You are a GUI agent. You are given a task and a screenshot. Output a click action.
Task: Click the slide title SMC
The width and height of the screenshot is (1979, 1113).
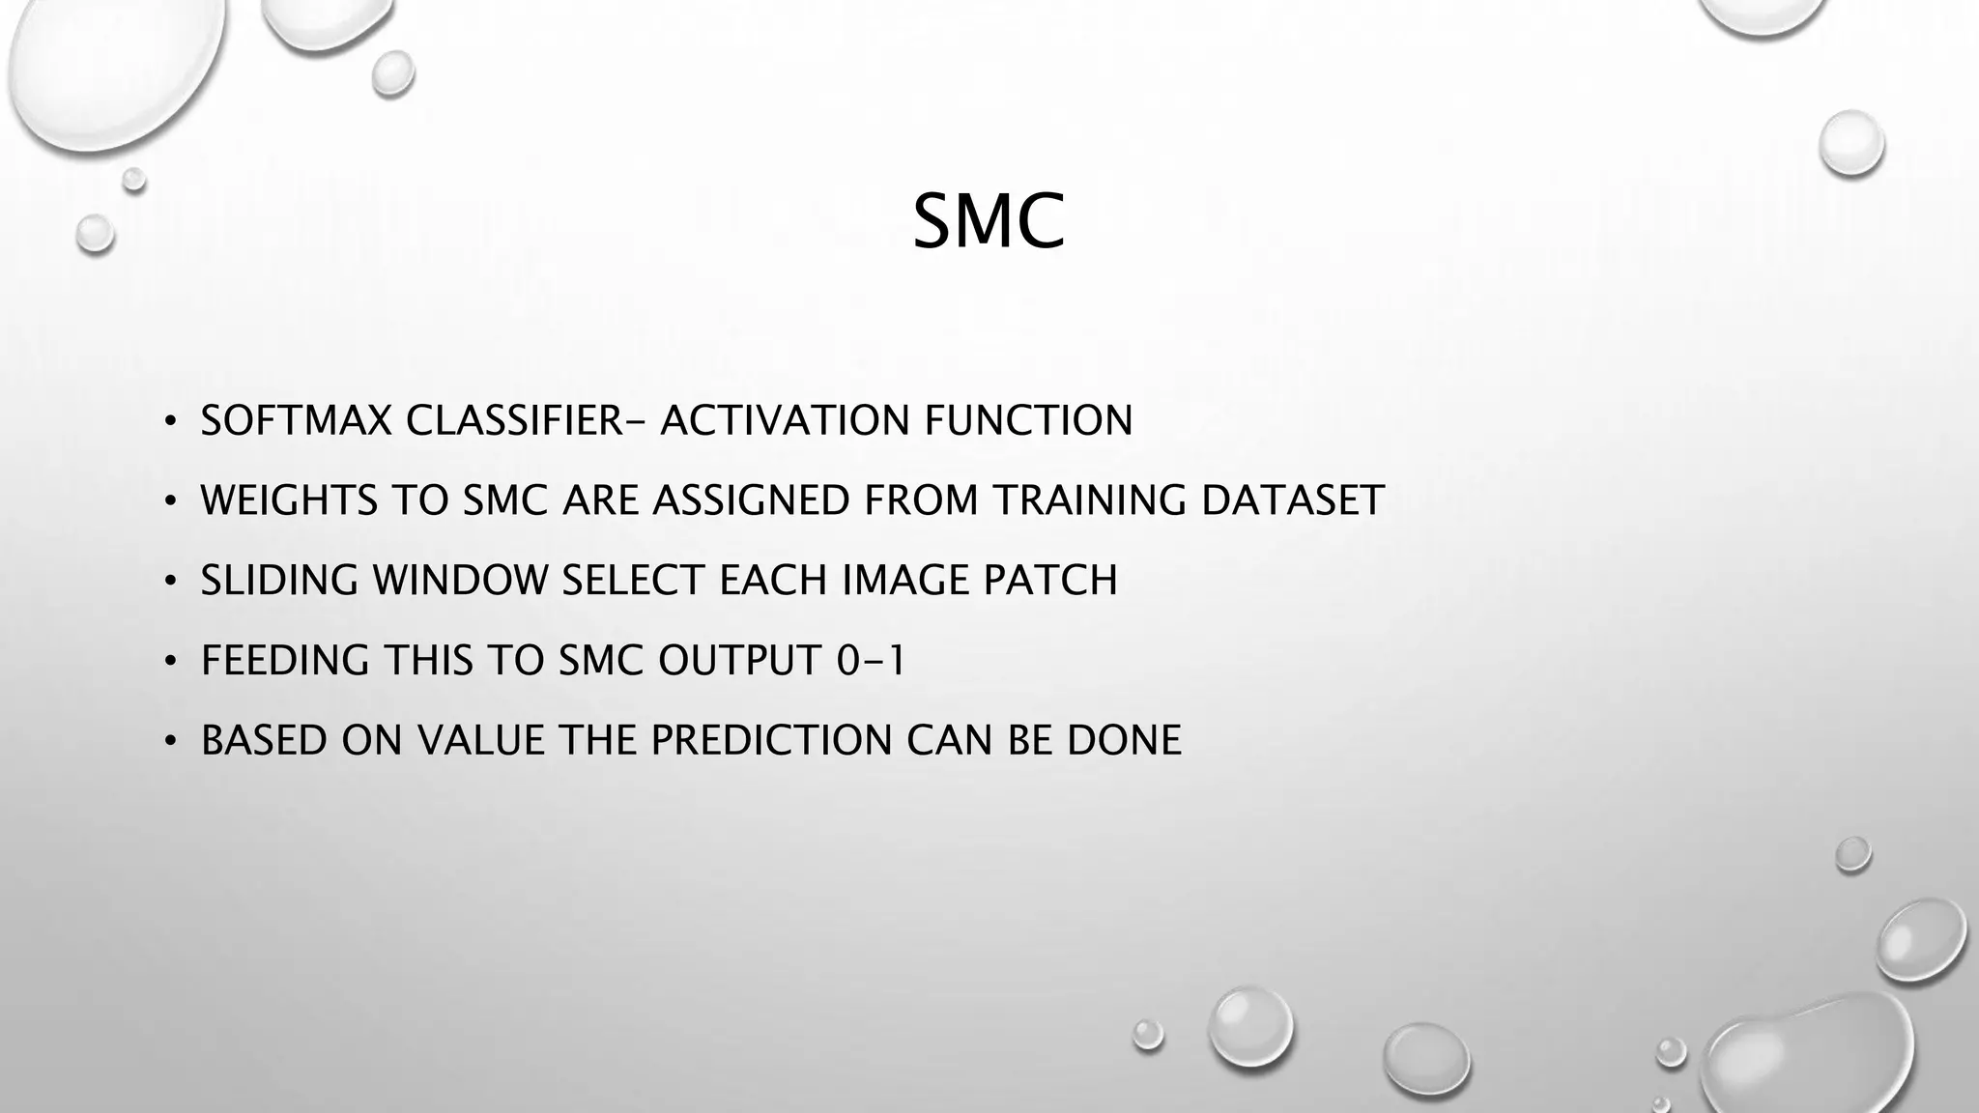coord(988,222)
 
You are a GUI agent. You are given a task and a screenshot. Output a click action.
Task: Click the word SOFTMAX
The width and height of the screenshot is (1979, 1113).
coord(296,421)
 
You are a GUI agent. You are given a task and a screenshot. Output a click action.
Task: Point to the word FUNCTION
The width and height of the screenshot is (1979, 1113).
coord(1028,421)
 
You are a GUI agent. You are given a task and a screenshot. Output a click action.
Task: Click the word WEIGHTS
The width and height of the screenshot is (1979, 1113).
coord(289,501)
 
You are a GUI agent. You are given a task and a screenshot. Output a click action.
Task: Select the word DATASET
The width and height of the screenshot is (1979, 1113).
coord(1292,501)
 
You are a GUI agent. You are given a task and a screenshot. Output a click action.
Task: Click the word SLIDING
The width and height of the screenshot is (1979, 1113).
coord(279,581)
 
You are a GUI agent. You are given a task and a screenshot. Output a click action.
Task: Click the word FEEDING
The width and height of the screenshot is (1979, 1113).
coord(285,661)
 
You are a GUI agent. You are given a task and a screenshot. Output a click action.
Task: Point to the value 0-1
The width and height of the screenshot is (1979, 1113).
coord(870,661)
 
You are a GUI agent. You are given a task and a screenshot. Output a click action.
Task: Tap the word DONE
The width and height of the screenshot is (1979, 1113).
coord(1124,741)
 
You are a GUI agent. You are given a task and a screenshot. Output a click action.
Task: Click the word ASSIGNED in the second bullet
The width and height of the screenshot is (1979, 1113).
coord(753,501)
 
